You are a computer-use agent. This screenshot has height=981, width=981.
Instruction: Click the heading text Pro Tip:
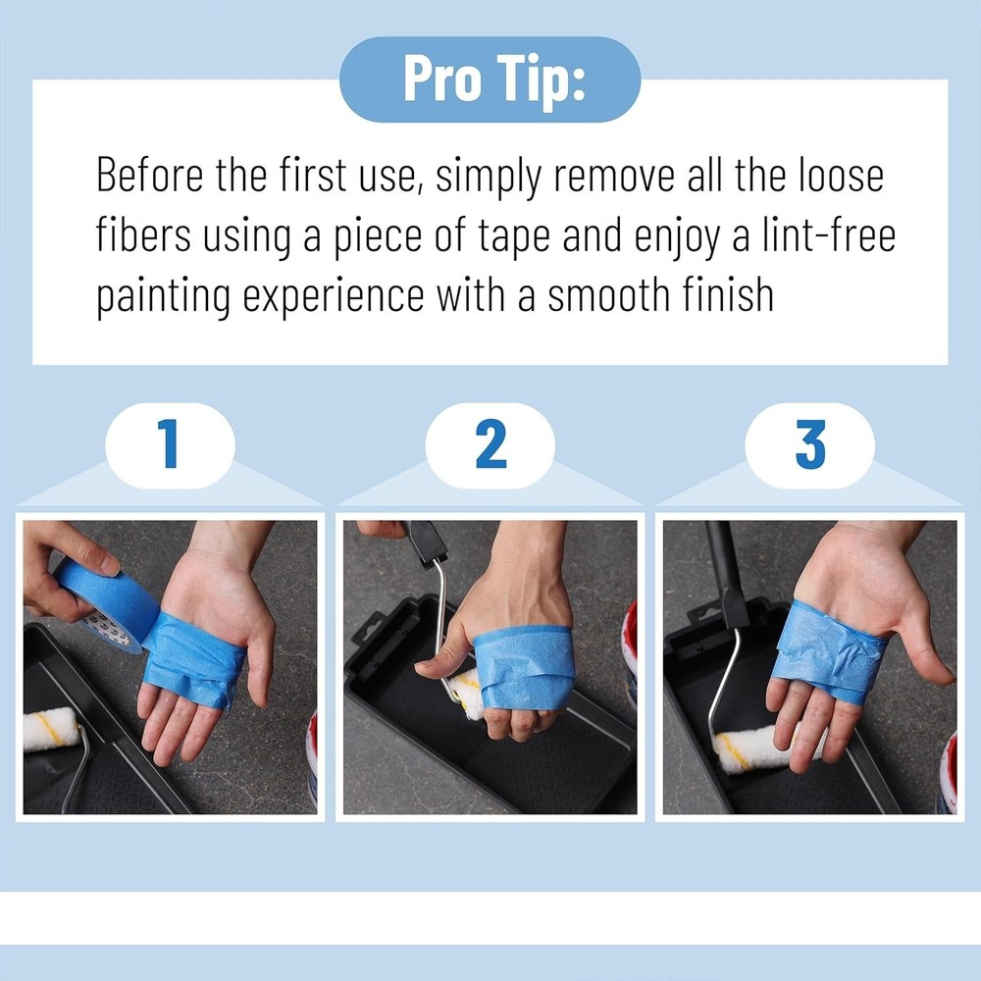(490, 80)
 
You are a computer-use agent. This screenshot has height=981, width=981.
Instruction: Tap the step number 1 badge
(170, 445)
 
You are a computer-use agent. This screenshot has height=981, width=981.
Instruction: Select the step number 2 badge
(490, 445)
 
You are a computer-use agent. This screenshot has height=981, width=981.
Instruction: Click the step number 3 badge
(809, 445)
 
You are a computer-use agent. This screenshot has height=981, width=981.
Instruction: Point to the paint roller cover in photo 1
(49, 729)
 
